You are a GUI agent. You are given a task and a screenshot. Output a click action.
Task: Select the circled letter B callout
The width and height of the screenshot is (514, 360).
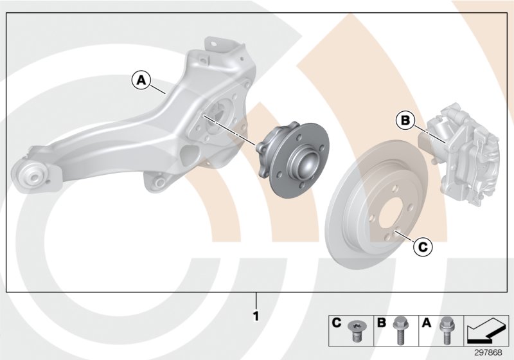(x=405, y=120)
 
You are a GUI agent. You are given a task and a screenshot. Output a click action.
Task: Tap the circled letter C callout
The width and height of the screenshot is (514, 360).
(x=421, y=246)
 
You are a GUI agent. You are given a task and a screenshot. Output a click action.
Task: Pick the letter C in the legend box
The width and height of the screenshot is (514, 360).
(x=336, y=323)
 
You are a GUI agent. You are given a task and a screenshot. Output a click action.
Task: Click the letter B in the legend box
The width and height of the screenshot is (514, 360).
(x=382, y=323)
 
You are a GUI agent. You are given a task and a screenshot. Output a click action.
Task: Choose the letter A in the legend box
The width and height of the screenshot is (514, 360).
(x=426, y=323)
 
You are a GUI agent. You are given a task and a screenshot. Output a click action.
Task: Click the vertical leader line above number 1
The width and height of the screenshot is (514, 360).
(x=256, y=300)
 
